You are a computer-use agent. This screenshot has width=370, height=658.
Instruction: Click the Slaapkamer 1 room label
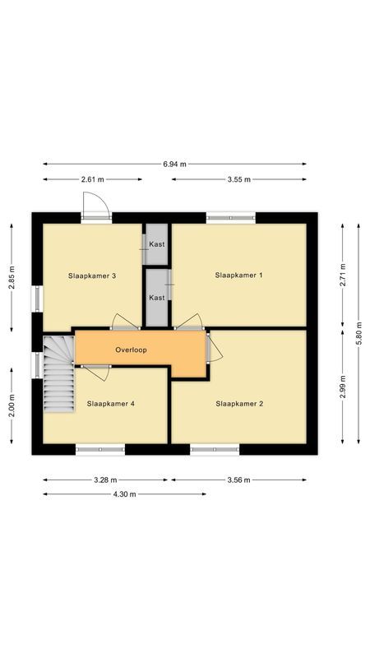pos(238,275)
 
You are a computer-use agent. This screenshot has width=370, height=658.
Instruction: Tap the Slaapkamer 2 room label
pos(239,404)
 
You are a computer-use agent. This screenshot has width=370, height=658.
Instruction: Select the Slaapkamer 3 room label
pos(91,276)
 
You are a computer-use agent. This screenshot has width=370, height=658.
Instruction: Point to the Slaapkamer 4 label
pos(110,404)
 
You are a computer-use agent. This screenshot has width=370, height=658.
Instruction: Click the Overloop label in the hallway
pos(131,350)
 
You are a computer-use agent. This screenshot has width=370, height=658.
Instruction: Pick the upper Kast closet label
pos(157,244)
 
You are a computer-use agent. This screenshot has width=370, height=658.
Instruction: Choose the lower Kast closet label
pos(157,298)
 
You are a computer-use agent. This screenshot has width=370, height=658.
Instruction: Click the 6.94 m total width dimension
pos(174,164)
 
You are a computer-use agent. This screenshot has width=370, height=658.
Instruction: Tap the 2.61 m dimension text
pos(92,179)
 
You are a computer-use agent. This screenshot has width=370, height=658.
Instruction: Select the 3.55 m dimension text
pos(238,179)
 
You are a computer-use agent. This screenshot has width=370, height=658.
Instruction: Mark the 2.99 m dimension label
pos(343,386)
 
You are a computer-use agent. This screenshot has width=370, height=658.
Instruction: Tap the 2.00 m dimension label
pos(12,404)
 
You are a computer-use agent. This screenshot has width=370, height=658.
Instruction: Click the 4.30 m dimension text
pos(124,494)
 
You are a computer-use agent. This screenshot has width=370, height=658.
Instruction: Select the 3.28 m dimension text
pos(104,480)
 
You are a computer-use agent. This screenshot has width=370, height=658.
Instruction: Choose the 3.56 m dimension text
pos(239,480)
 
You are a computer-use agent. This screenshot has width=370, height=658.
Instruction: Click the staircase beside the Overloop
pos(57,373)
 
